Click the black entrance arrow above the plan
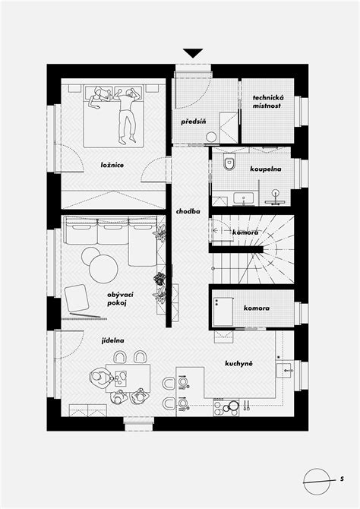[x=193, y=52]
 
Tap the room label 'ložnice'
[x=112, y=165]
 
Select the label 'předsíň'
[x=194, y=122]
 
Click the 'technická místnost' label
[x=267, y=102]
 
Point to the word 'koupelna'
[x=266, y=169]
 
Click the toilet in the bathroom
[x=229, y=163]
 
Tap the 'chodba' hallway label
[x=188, y=211]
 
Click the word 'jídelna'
[x=112, y=341]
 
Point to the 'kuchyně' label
[x=238, y=364]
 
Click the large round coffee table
[x=103, y=268]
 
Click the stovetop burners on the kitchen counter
[x=226, y=407]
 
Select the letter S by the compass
[x=342, y=479]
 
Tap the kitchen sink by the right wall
[x=286, y=371]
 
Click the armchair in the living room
[x=77, y=299]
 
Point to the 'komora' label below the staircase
[x=257, y=308]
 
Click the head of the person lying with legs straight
[x=131, y=93]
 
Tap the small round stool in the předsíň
[x=212, y=137]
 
